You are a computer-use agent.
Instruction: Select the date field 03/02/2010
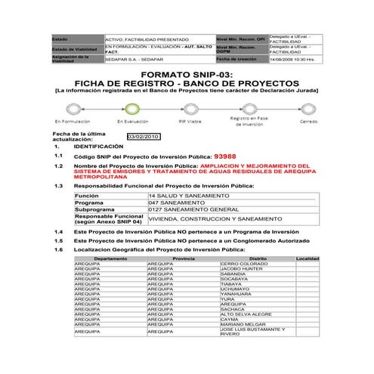coord(144,137)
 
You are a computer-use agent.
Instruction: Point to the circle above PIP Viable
coord(189,108)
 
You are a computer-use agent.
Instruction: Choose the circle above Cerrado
coord(308,108)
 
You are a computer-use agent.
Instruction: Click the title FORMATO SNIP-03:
coord(187,74)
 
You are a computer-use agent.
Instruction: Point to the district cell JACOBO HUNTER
coord(242,268)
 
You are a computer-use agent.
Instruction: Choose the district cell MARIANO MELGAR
coord(243,325)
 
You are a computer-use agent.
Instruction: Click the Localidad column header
coord(308,258)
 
